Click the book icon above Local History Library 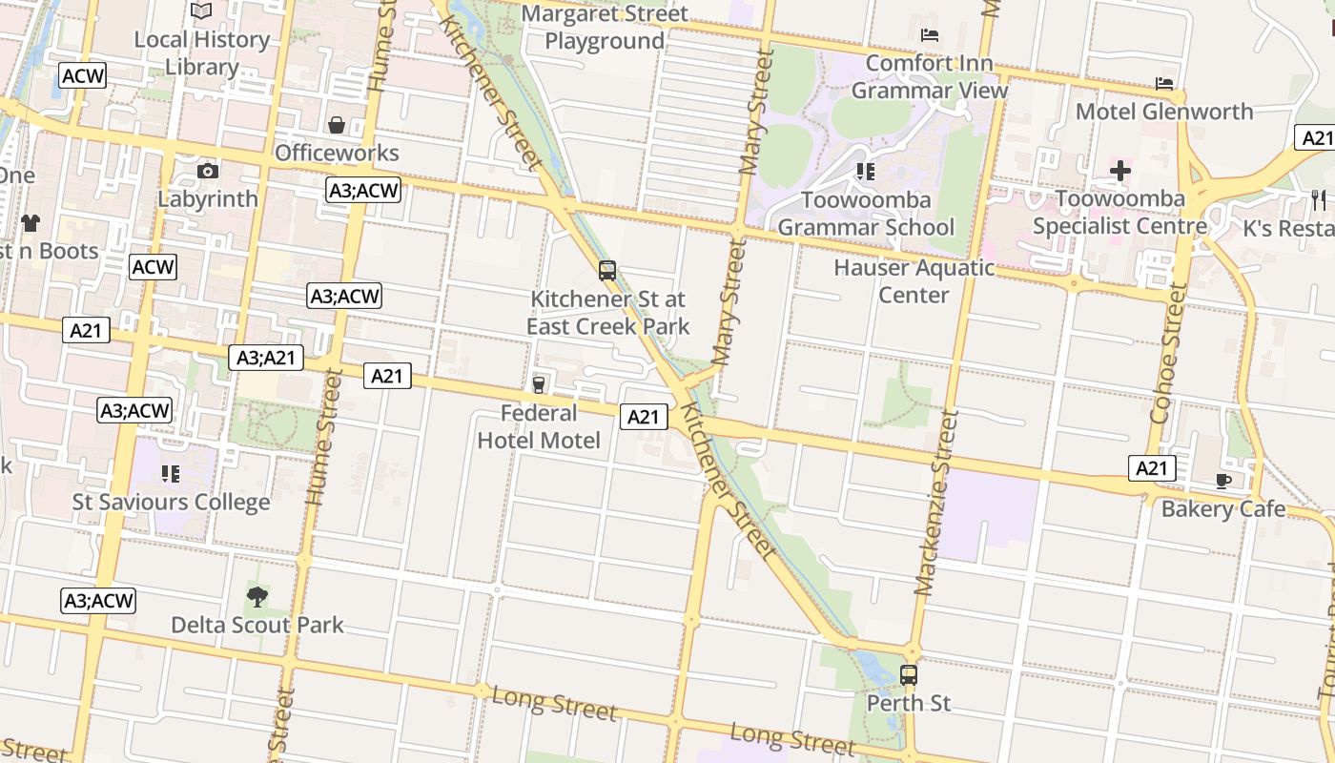pos(201,10)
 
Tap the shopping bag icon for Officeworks pos(337,125)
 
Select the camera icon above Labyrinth pos(208,172)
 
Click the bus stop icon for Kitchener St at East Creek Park pos(607,271)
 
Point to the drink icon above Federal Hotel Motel pos(539,385)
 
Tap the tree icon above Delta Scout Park pos(257,598)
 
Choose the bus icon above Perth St pos(909,675)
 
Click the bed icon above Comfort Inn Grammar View pos(930,36)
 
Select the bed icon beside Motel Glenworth pos(1164,84)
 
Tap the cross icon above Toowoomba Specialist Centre pos(1119,172)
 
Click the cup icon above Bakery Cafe pos(1223,482)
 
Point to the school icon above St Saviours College pos(171,474)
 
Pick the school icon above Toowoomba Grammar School pos(865,172)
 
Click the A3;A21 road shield pos(266,359)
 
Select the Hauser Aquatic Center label pos(914,281)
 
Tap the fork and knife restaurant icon pos(1319,199)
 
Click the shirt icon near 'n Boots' pos(31,224)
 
